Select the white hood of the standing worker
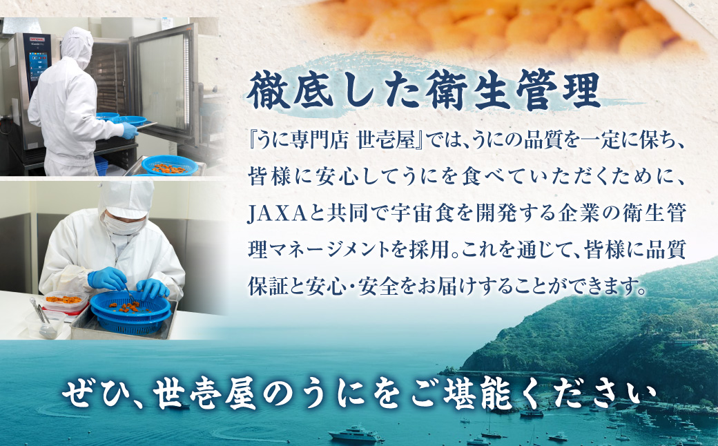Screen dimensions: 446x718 pos(76,45)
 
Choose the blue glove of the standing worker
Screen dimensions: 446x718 pos(129,130)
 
